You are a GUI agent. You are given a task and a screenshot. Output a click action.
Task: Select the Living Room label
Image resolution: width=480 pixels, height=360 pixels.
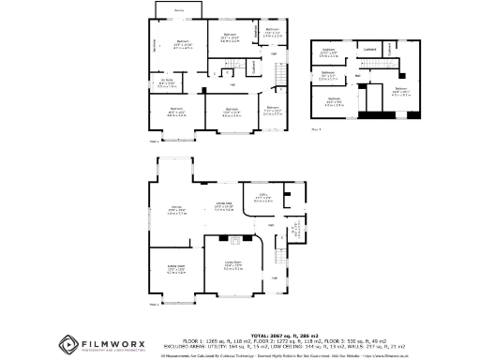233,265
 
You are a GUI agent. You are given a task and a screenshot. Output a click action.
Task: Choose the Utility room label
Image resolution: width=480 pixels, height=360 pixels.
263,198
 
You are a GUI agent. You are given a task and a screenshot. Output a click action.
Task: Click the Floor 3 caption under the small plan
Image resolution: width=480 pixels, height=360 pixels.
316,130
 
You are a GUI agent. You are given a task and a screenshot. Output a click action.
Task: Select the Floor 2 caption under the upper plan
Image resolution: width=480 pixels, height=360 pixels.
155,142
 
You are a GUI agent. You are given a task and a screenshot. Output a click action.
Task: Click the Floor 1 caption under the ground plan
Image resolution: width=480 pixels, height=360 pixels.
155,304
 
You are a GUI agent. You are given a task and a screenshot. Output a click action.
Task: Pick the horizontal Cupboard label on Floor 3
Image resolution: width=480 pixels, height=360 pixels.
370,49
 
